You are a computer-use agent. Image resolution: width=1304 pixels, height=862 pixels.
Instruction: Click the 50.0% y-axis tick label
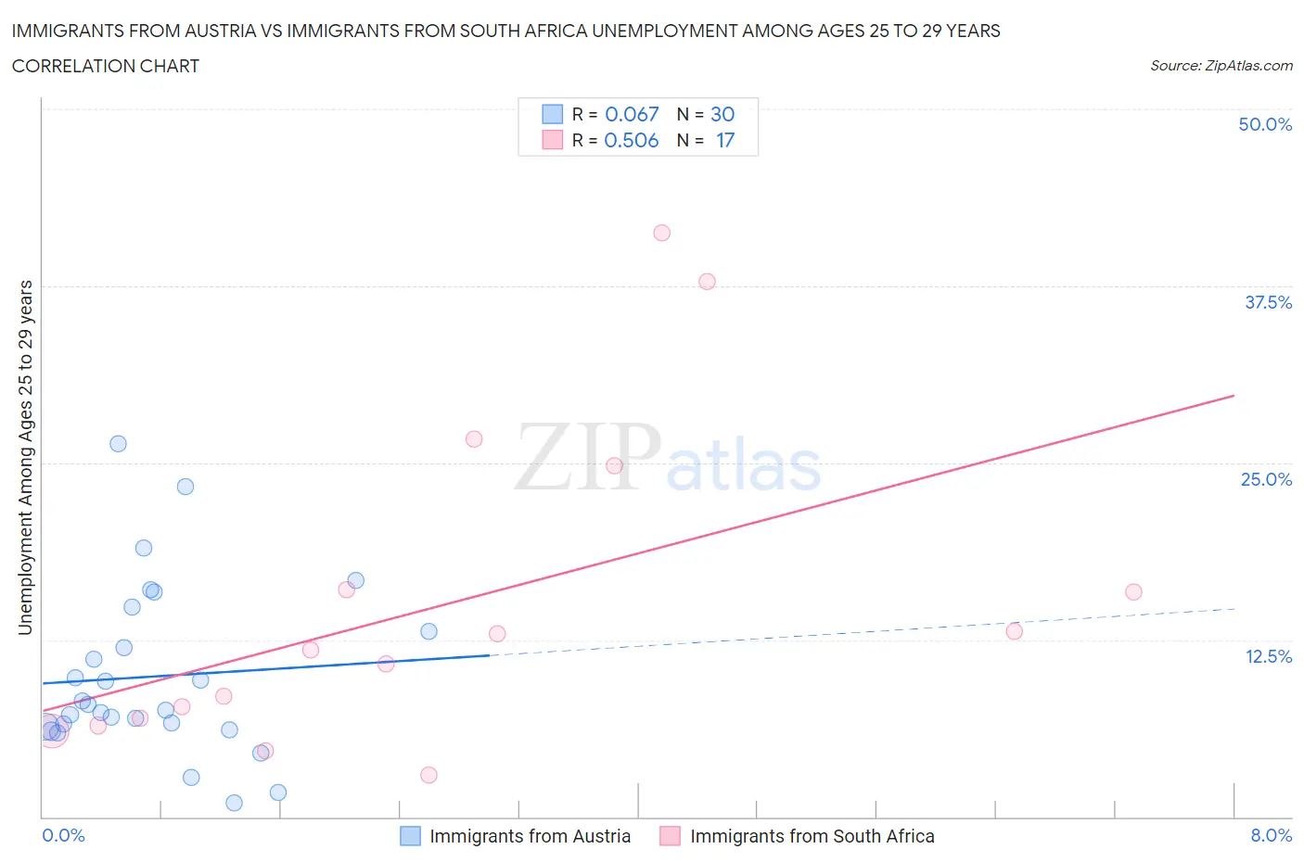tap(1264, 124)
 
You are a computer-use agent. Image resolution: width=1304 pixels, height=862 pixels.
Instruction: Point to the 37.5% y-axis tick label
tap(1267, 302)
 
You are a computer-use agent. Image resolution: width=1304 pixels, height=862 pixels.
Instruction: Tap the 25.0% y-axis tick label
tap(1266, 479)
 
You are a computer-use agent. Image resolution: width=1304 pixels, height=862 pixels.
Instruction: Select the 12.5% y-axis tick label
tap(1268, 656)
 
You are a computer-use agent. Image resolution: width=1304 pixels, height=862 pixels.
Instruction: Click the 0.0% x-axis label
tap(63, 835)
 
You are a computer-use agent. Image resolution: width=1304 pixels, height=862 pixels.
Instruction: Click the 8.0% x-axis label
tap(1271, 835)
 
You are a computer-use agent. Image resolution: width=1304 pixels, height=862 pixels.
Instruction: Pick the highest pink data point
tap(661, 233)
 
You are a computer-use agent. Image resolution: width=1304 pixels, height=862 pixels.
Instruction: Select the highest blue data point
tap(118, 443)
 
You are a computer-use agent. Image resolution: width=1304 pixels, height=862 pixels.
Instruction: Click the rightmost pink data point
tap(1133, 591)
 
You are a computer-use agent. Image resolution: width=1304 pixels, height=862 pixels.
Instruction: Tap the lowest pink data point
tap(428, 775)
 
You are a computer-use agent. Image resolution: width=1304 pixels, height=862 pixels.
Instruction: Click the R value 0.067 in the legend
tap(632, 114)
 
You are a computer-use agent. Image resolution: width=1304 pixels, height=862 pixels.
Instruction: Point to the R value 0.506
tap(631, 140)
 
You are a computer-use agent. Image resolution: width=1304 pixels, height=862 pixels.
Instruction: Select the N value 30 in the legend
tap(722, 114)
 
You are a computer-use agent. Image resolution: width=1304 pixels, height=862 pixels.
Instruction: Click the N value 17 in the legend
tap(724, 140)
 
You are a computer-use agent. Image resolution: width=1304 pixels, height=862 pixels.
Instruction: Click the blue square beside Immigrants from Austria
tap(410, 836)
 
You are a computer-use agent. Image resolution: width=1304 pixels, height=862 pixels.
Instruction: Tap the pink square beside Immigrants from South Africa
tap(670, 836)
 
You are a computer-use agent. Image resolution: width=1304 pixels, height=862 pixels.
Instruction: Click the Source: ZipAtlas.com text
tap(1221, 65)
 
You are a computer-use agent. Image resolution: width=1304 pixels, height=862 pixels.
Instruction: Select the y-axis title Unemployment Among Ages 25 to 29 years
tap(25, 457)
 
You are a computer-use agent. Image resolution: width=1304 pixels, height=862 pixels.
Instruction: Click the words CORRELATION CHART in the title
tap(106, 66)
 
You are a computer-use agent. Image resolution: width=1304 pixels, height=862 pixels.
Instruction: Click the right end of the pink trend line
tap(1234, 396)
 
